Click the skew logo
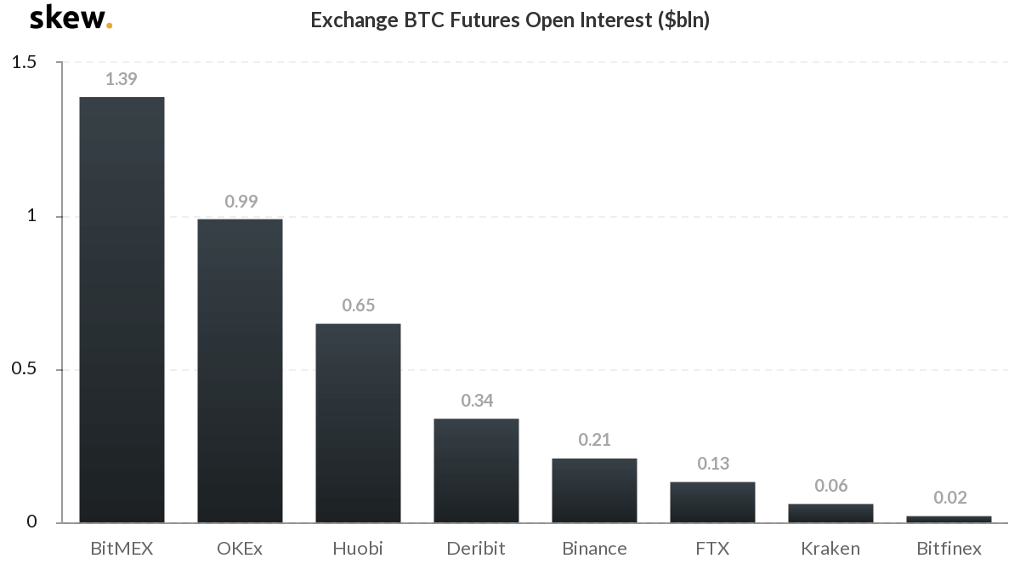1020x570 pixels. (71, 18)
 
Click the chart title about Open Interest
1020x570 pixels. (510, 20)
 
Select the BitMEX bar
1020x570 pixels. (122, 310)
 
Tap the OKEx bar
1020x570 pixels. (240, 371)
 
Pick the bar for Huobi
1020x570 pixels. (358, 423)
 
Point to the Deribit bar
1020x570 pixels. (476, 470)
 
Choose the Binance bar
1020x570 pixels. (594, 491)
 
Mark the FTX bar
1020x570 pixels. (712, 502)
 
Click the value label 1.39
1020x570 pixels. (122, 79)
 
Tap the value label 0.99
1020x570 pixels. (241, 202)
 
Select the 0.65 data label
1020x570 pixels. (358, 305)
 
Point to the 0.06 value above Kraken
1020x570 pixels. (830, 486)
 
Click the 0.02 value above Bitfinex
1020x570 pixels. (949, 498)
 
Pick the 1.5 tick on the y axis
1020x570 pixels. (25, 62)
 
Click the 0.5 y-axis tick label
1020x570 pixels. (25, 369)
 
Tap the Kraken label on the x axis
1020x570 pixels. (830, 548)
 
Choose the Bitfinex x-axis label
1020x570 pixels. (949, 548)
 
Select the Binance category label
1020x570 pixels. (594, 548)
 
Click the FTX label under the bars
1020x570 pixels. (712, 548)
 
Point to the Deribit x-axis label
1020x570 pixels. (476, 548)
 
